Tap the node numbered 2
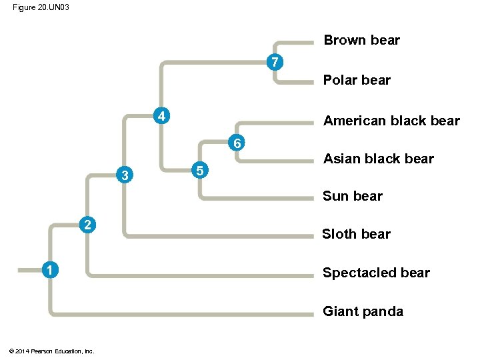coord(87,223)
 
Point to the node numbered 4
coord(161,115)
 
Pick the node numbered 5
coord(199,171)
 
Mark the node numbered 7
coord(274,63)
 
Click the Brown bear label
coord(361,40)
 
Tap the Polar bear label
coord(357,80)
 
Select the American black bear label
coord(391,121)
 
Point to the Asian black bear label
coord(378,159)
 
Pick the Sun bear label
coord(353,196)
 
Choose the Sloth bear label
coord(356,234)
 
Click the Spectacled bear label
coord(376,273)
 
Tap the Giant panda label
coord(363,311)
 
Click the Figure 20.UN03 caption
coord(41,7)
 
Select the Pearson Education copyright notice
coord(52,351)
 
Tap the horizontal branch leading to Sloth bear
coord(220,235)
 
